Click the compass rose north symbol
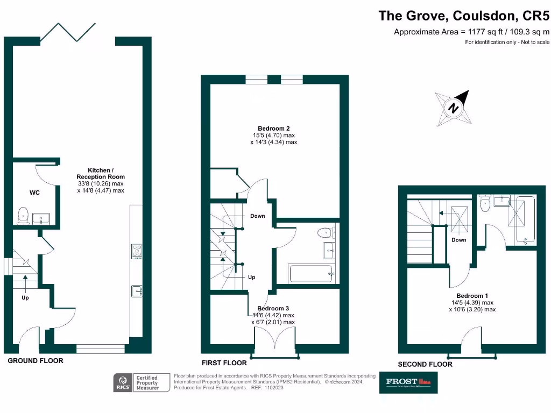pos(454,108)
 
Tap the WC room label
pos(34,192)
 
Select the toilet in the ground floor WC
pos(23,215)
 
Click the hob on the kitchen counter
pos(137,251)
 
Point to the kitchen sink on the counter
pos(136,291)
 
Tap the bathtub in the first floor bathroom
pos(312,273)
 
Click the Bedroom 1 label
pos(472,296)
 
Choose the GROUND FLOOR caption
pos(35,361)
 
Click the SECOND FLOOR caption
pos(425,364)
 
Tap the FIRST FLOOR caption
pos(224,362)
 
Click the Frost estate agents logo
pos(408,382)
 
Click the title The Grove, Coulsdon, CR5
pos(464,15)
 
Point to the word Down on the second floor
pos(458,240)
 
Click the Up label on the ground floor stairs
pos(25,297)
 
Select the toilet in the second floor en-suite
pos(484,201)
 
